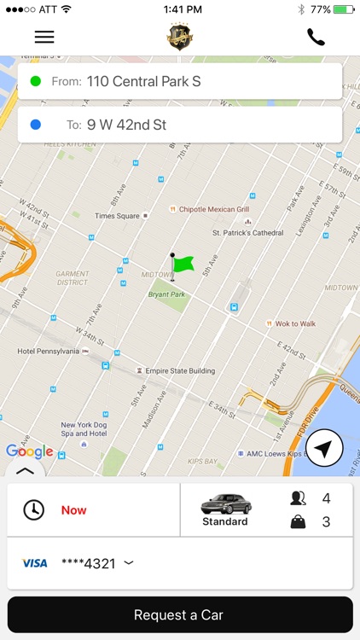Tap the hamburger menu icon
(44, 37)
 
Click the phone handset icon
(316, 37)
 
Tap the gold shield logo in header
(179, 37)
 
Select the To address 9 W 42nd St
(126, 125)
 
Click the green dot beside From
(35, 82)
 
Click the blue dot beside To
(35, 125)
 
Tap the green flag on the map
(181, 265)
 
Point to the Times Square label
(117, 216)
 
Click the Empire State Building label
(180, 370)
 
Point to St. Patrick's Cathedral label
(247, 232)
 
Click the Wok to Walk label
(294, 323)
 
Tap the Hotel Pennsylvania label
(49, 351)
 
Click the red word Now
(74, 510)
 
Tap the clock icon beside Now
(33, 510)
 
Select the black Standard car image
(226, 503)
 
